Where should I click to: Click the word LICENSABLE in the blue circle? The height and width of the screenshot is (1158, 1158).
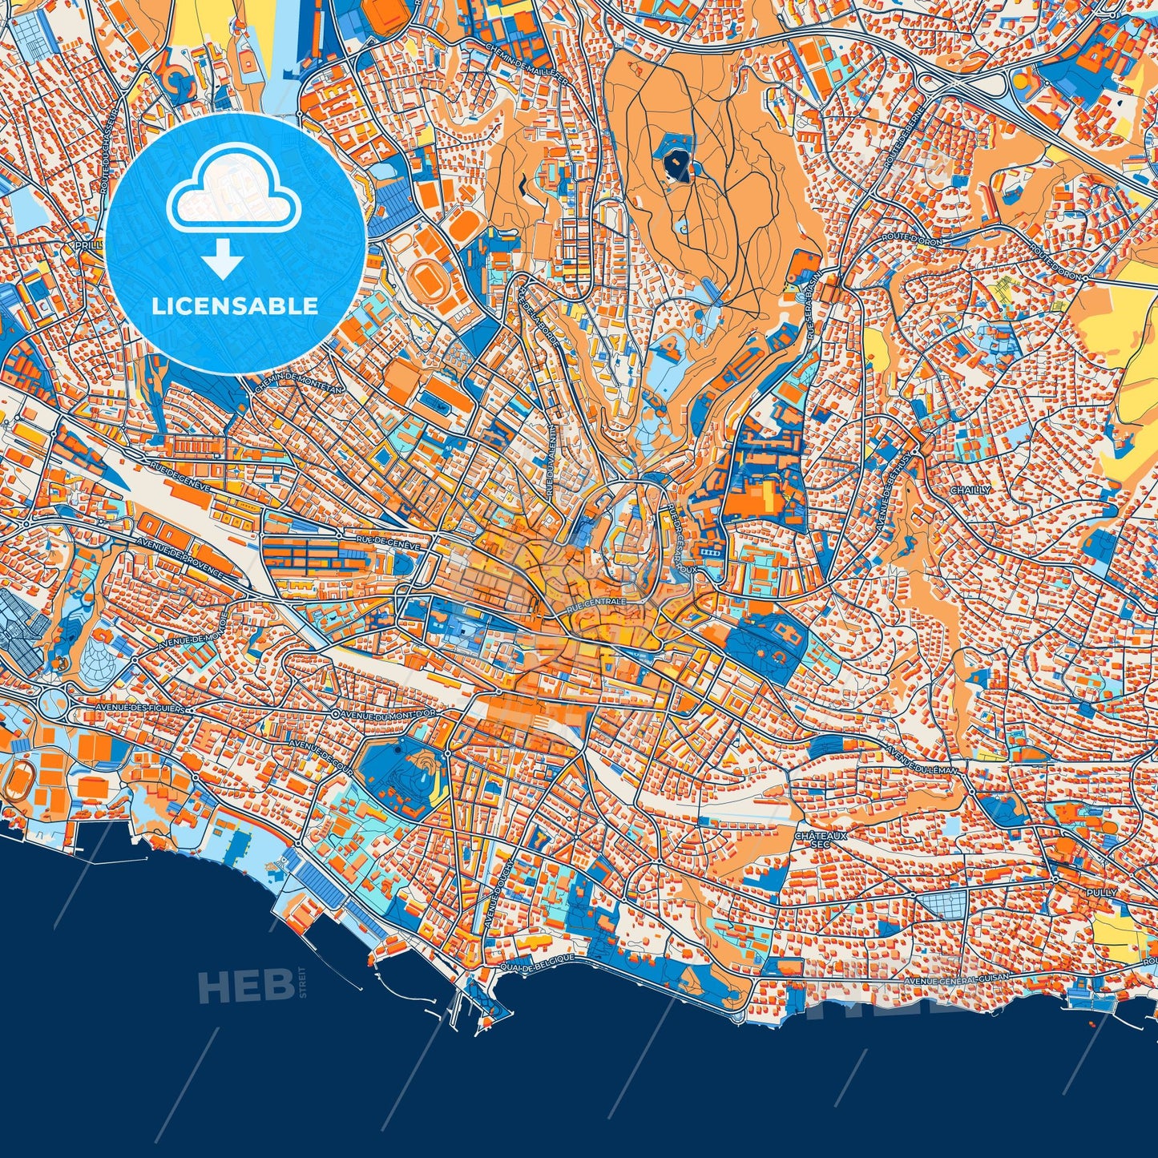pyautogui.click(x=236, y=305)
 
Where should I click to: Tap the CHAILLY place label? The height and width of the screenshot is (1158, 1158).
pyautogui.click(x=970, y=490)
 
